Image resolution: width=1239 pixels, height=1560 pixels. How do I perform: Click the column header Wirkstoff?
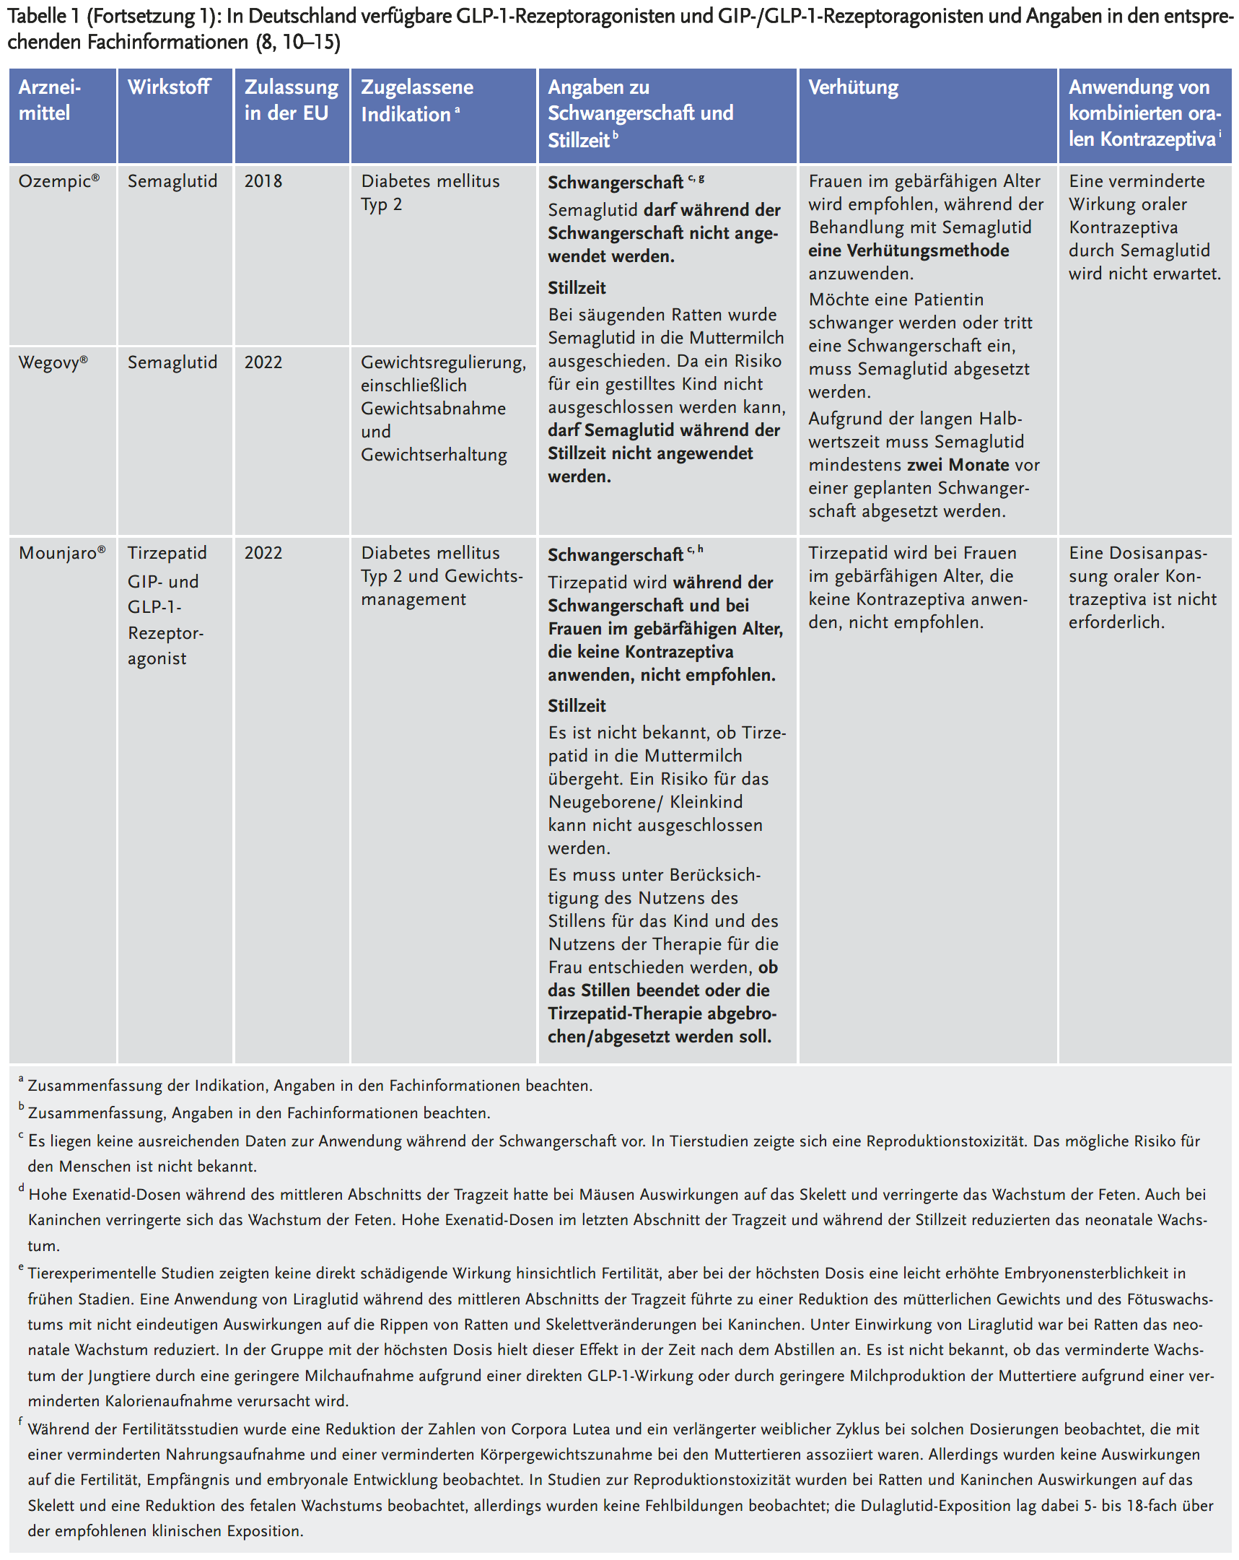point(169,87)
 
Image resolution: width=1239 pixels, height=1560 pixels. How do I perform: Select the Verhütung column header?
point(853,87)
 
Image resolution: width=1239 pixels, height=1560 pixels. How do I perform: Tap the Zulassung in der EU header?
point(291,100)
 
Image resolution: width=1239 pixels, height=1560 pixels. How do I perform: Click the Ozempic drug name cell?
point(58,181)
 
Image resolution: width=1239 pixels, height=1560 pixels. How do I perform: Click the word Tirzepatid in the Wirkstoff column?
point(167,553)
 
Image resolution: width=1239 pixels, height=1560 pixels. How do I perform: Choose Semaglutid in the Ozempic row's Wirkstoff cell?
point(172,181)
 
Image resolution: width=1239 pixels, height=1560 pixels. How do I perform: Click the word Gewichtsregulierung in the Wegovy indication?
point(442,362)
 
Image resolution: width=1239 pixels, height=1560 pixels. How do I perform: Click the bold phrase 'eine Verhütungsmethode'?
point(909,250)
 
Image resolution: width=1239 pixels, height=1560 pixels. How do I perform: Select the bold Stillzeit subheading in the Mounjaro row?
point(577,705)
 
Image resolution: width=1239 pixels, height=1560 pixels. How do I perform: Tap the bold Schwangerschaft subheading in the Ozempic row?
point(615,183)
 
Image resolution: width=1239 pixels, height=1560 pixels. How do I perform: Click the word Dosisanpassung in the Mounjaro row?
point(1138,554)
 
